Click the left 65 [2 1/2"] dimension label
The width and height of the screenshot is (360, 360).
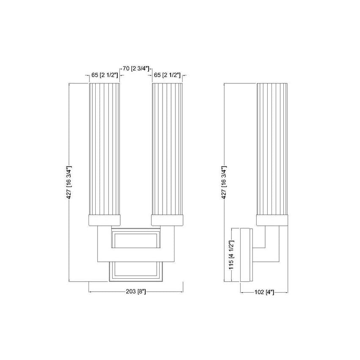(x=105, y=75)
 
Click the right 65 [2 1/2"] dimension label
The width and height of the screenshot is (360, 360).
(x=167, y=75)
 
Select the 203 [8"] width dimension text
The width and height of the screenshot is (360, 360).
(x=136, y=292)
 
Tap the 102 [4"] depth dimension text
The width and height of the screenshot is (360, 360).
(x=264, y=292)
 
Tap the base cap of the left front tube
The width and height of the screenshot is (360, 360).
(x=105, y=220)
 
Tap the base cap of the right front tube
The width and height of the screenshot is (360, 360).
(x=167, y=220)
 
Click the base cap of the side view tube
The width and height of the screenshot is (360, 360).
(x=273, y=220)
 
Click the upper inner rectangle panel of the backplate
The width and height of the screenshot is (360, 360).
(x=136, y=240)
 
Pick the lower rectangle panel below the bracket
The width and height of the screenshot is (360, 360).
(x=136, y=270)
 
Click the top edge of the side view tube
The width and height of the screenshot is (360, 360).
(x=273, y=84)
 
